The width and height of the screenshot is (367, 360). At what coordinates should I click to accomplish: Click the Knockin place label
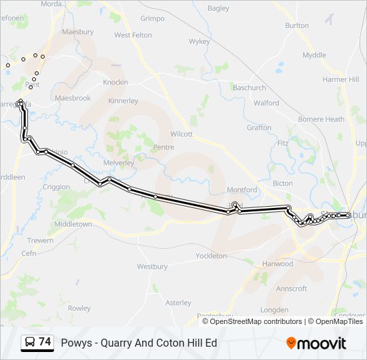pos(115,82)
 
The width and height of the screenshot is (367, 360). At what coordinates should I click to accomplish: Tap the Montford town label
pos(242,189)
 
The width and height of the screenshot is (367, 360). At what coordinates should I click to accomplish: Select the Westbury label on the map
pos(152,267)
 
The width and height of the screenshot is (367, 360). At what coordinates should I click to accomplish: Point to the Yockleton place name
pos(211,255)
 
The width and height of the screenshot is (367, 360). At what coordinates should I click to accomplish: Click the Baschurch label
pos(249,87)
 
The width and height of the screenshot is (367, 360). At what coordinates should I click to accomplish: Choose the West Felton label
pos(133,35)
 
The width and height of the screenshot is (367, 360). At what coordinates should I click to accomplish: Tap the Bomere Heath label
pos(322,119)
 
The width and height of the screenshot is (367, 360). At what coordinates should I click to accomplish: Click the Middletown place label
pos(73,225)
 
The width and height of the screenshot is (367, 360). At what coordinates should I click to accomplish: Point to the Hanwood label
pos(278,263)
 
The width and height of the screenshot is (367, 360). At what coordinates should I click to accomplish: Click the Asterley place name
pos(178,302)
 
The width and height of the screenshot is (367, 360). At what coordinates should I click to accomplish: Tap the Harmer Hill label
pos(340,79)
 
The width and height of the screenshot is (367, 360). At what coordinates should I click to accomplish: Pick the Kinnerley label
pos(123,101)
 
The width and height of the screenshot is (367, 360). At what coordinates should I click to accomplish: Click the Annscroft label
pos(292,289)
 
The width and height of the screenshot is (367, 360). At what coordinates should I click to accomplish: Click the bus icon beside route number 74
pos(30,343)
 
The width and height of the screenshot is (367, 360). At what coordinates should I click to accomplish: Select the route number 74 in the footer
pos(45,342)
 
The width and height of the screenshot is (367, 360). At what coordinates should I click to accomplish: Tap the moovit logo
pos(316,343)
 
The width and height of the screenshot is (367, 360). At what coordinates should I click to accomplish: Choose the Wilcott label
pos(181,133)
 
